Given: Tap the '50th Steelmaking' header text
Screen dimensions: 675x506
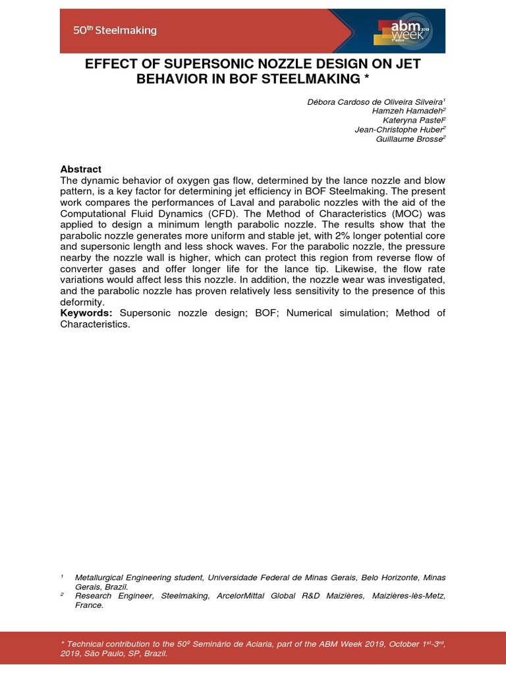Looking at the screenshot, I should tap(115, 30).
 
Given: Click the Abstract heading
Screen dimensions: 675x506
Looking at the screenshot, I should tap(81, 169).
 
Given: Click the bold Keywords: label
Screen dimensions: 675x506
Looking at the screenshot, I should tap(87, 313).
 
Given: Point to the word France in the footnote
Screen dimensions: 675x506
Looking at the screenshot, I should tap(89, 605).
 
